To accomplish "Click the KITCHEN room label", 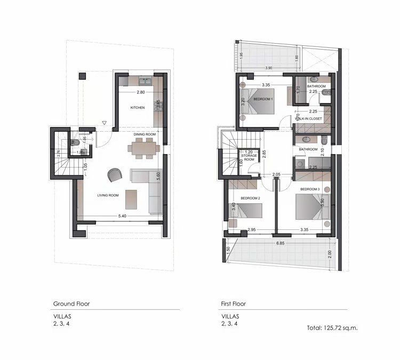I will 138,108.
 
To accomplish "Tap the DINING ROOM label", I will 144,133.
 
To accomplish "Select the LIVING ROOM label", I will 108,196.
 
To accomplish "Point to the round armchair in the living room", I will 114,174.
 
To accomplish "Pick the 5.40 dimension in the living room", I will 122,216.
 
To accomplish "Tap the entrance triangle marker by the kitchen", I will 105,124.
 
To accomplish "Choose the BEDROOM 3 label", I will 309,189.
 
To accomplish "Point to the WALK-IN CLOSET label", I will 309,118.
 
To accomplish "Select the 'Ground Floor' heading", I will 71,303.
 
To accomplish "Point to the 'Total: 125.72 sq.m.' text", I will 332,327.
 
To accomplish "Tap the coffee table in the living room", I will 131,199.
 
